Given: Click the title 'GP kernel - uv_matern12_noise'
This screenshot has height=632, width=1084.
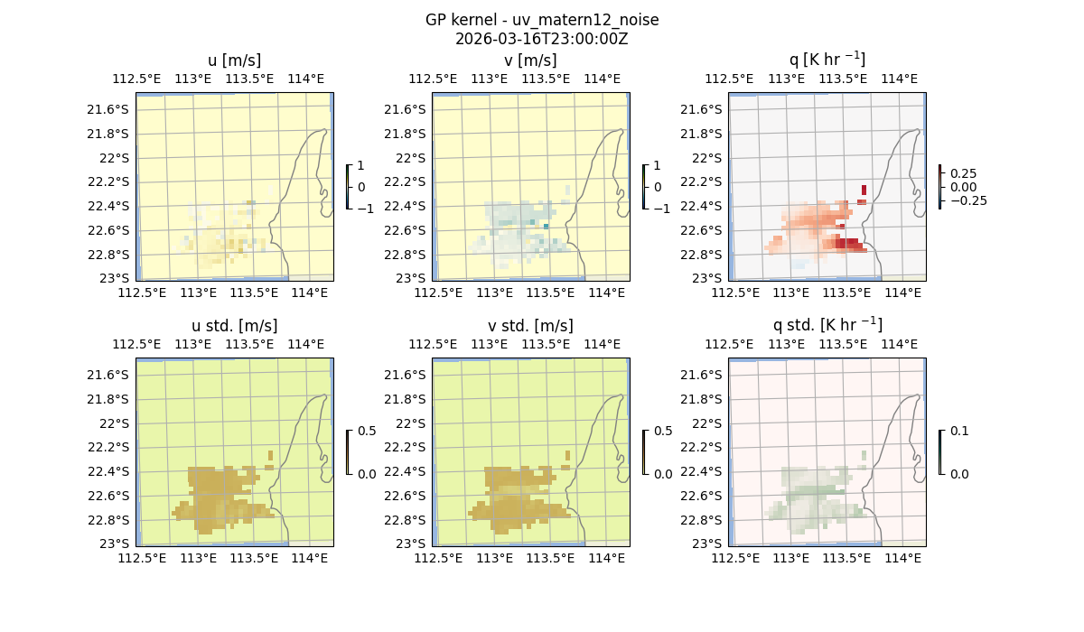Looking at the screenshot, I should [x=542, y=20].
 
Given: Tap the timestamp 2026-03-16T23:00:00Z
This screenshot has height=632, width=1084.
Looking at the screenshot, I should [x=542, y=39].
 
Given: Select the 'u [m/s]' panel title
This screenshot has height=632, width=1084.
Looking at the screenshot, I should [x=235, y=60].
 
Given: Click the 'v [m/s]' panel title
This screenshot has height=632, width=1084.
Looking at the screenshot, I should [x=531, y=60].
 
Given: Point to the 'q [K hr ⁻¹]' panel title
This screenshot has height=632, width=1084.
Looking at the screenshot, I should [x=827, y=60].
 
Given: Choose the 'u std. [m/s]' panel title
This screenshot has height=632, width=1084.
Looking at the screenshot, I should [x=235, y=326].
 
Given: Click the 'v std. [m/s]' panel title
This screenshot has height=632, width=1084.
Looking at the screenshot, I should [x=531, y=326].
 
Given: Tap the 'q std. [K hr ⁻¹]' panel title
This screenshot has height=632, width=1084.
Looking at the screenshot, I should [x=827, y=325].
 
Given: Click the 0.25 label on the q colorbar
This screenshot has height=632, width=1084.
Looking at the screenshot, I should [x=963, y=173].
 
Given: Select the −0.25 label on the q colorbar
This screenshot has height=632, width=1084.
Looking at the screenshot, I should [x=967, y=200].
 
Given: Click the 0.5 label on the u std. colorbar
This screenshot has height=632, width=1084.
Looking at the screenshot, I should [x=367, y=432].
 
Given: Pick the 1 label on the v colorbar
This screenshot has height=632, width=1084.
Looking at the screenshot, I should [x=658, y=166].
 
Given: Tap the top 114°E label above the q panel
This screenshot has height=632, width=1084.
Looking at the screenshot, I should [x=899, y=79].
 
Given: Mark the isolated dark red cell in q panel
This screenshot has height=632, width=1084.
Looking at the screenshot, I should [x=864, y=190].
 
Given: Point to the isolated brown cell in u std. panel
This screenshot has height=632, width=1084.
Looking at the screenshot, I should [x=271, y=454].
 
